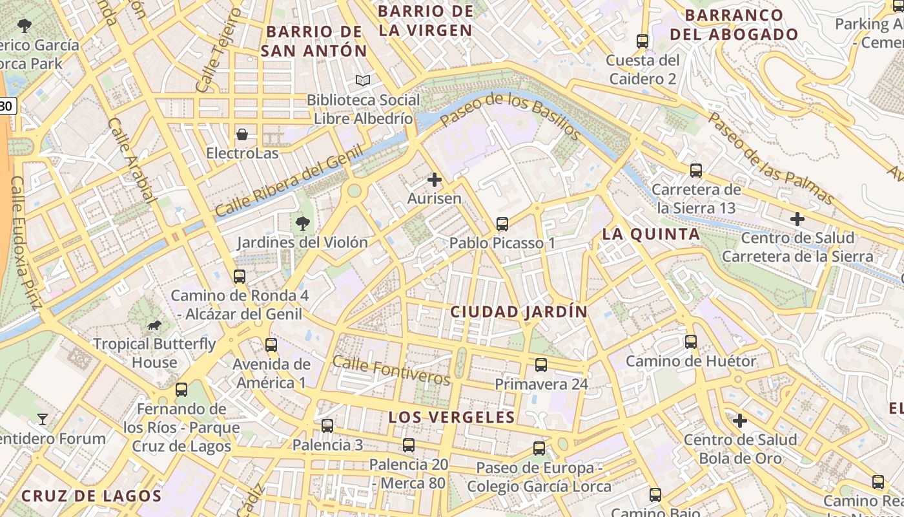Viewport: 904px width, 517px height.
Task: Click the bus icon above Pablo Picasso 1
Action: [x=502, y=224]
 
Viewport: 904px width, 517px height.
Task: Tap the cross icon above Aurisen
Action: [x=435, y=180]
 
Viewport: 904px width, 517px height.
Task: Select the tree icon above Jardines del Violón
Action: [x=302, y=224]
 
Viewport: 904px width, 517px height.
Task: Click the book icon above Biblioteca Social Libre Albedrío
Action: [x=364, y=81]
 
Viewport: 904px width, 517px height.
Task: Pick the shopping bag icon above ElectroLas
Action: [x=242, y=134]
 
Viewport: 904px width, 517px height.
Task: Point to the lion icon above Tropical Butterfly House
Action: [x=154, y=325]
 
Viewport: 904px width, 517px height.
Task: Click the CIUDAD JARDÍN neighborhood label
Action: [x=519, y=312]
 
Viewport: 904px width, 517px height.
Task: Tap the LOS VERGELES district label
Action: [x=451, y=417]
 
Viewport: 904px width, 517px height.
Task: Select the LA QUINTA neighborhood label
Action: [x=650, y=235]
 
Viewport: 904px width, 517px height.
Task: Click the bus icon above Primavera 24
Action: [x=541, y=365]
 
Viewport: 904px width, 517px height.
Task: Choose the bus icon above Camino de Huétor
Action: [x=691, y=342]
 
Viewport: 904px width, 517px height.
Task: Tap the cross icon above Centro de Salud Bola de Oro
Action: [x=740, y=421]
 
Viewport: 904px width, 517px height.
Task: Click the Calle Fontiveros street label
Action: [x=391, y=370]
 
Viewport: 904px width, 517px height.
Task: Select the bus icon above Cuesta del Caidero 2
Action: [x=642, y=41]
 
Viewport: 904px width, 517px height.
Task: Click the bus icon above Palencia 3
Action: [x=327, y=426]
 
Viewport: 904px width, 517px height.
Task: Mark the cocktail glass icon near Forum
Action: [x=43, y=419]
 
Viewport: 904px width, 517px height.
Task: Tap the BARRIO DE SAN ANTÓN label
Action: [x=314, y=41]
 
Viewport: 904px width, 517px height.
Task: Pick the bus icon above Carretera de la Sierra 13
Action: [x=695, y=171]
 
